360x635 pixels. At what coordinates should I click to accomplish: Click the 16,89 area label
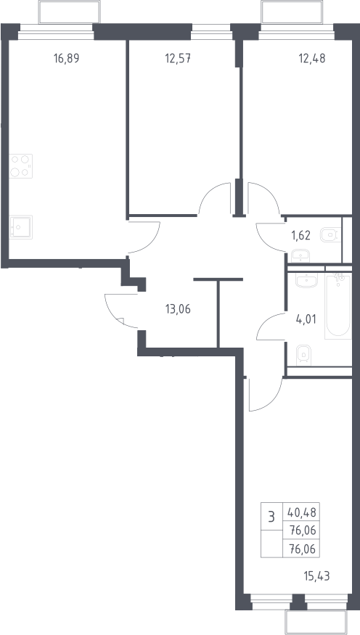click(67, 58)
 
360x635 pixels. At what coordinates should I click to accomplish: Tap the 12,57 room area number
click(178, 58)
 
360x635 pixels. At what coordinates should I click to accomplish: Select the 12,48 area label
click(312, 58)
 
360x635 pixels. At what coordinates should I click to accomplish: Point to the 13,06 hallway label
click(178, 309)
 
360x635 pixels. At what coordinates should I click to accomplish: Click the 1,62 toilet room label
click(301, 235)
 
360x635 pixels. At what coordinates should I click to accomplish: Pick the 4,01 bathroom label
click(306, 319)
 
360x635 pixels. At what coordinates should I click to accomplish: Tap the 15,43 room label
click(316, 576)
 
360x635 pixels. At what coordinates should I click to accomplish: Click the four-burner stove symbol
click(20, 166)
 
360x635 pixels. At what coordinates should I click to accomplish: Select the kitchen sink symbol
click(20, 227)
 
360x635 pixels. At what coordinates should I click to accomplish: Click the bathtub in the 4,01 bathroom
click(337, 306)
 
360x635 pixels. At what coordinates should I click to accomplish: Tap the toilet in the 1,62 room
click(331, 235)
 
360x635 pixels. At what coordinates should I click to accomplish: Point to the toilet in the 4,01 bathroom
click(303, 355)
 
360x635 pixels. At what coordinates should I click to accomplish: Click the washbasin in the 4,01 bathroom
click(306, 280)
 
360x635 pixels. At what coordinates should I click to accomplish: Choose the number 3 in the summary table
click(271, 517)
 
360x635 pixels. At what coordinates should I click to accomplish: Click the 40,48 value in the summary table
click(302, 514)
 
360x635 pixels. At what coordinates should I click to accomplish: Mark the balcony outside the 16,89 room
click(69, 12)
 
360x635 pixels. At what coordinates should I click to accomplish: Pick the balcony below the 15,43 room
click(316, 623)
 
